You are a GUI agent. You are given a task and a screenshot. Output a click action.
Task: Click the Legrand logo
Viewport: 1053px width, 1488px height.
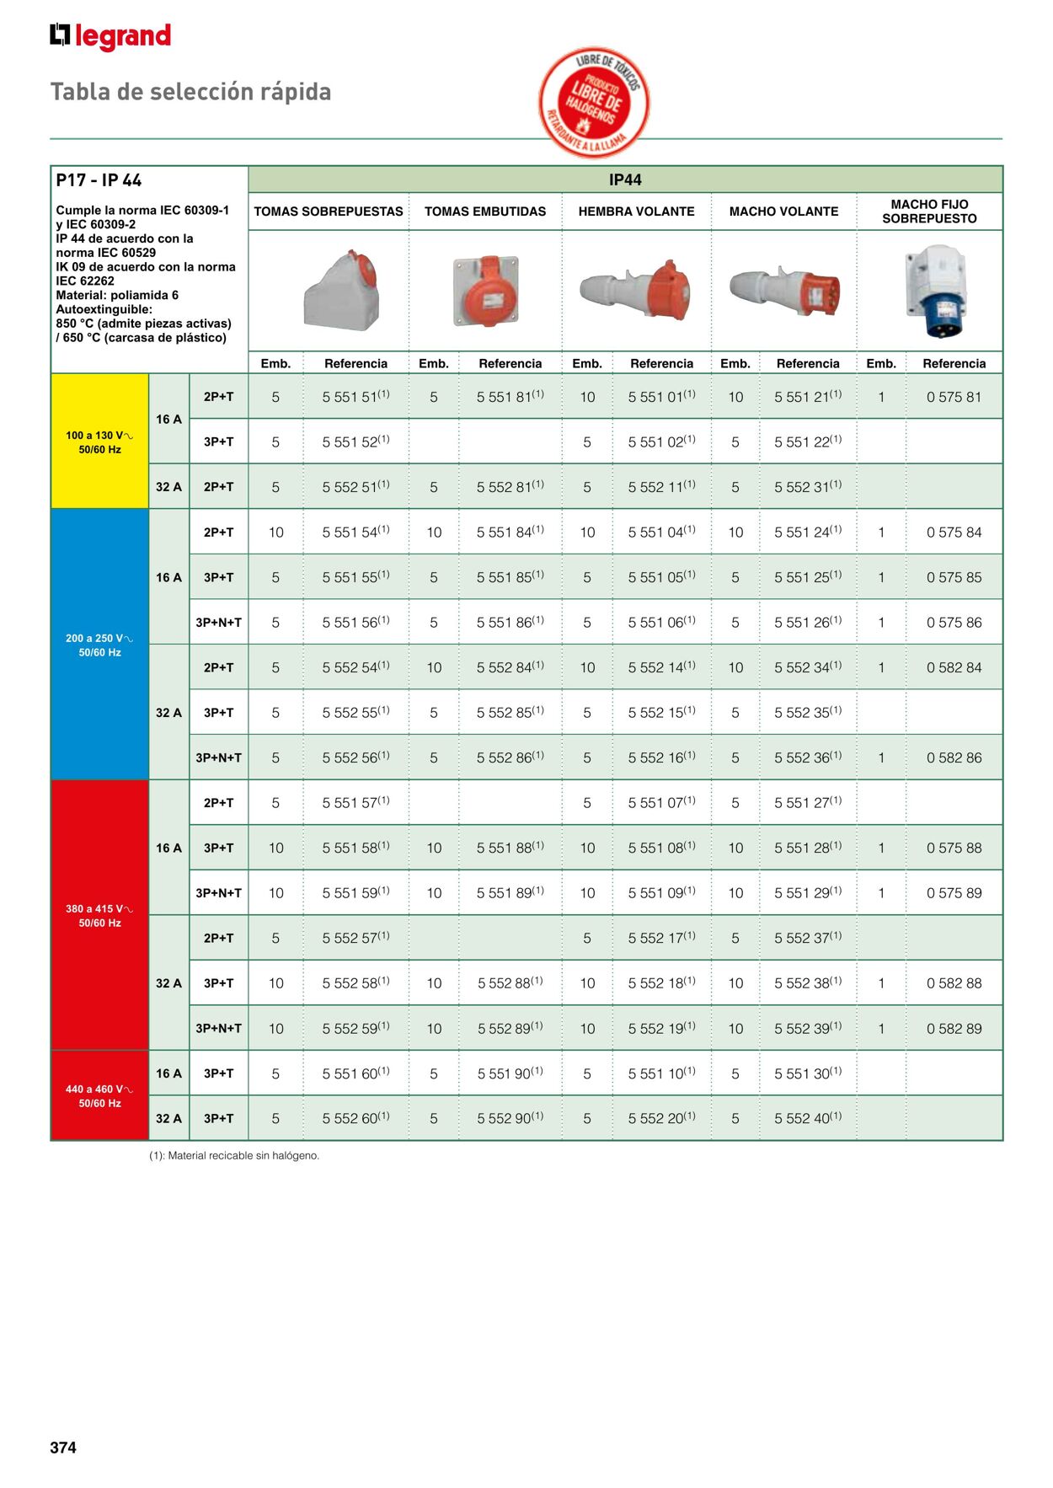pyautogui.click(x=110, y=36)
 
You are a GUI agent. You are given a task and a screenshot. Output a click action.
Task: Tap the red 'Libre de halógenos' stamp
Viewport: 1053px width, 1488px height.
pyautogui.click(x=595, y=102)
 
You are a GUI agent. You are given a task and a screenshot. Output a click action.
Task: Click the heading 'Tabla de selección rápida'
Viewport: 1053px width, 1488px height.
pyautogui.click(x=190, y=92)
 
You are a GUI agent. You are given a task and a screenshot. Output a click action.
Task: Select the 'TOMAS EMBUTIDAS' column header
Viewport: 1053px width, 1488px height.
pyautogui.click(x=485, y=211)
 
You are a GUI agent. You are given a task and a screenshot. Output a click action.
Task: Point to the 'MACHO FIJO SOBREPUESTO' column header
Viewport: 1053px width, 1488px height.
pyautogui.click(x=929, y=211)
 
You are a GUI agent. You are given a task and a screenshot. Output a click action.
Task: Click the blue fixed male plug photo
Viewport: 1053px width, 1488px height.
pyautogui.click(x=936, y=291)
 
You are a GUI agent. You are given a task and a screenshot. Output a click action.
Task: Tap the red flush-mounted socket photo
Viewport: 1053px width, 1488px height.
pyautogui.click(x=487, y=292)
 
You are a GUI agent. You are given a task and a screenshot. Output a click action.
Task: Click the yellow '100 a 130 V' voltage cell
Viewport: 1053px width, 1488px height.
pyautogui.click(x=99, y=442)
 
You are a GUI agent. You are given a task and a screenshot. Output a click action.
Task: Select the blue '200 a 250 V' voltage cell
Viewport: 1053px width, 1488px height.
pyautogui.click(x=99, y=645)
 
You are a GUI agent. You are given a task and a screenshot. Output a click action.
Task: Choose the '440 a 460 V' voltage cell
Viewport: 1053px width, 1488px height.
pyautogui.click(x=99, y=1095)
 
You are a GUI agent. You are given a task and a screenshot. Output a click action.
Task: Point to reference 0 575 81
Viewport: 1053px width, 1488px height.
pyautogui.click(x=954, y=397)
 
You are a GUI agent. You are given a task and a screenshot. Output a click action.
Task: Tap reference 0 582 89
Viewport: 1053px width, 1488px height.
pyautogui.click(x=954, y=1028)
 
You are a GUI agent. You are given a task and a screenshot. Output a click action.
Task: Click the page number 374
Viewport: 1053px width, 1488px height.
pyautogui.click(x=63, y=1448)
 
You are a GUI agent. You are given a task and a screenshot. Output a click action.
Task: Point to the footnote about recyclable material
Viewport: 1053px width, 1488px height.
pyautogui.click(x=234, y=1155)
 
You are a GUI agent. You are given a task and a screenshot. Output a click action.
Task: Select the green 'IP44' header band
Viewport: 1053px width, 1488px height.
pyautogui.click(x=625, y=179)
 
